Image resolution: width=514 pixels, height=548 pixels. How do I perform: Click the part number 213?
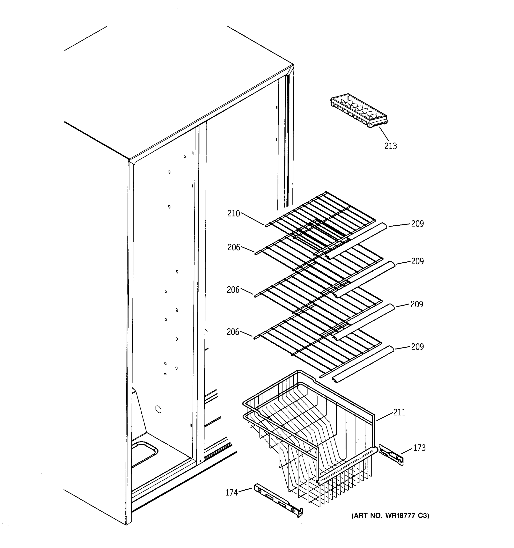point(390,146)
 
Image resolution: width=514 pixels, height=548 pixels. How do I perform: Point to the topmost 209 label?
point(417,224)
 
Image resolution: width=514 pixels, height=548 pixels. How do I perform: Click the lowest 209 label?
point(417,347)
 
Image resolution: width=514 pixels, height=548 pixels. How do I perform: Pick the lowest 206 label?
point(233,332)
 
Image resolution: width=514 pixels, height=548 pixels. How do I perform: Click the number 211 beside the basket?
point(399,412)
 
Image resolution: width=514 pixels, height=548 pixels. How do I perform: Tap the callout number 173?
point(419,448)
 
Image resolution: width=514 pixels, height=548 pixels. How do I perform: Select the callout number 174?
point(232,493)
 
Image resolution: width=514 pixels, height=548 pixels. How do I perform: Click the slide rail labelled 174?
point(278,500)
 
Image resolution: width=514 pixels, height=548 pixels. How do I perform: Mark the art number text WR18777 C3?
point(390,516)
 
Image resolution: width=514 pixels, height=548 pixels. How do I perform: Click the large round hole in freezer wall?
point(158,409)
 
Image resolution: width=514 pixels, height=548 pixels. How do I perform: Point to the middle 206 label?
point(233,290)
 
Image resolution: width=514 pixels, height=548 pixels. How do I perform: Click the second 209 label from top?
point(417,261)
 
